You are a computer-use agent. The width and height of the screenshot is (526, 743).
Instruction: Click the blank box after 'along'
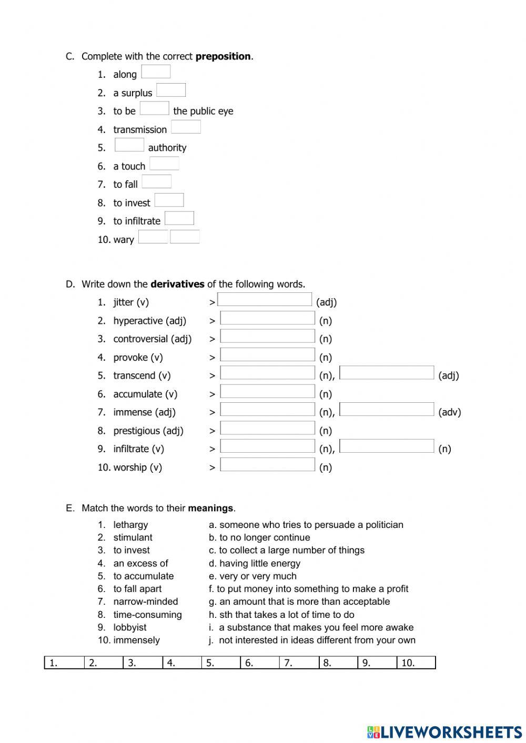[x=156, y=72]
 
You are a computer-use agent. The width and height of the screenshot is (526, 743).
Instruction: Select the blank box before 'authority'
[x=129, y=145]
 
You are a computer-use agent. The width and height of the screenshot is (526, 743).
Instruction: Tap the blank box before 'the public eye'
[x=154, y=108]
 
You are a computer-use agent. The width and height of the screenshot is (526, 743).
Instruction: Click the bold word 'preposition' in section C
[x=223, y=56]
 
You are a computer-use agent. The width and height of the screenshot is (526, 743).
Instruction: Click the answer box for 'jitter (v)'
[x=265, y=300]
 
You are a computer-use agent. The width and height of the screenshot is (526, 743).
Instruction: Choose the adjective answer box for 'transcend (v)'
[x=387, y=373]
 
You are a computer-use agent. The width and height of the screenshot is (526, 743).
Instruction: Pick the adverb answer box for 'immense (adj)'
[x=387, y=410]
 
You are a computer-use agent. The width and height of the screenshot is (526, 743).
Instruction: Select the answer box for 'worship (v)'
[x=267, y=465]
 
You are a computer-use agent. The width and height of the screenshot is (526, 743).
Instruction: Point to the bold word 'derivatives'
[x=177, y=284]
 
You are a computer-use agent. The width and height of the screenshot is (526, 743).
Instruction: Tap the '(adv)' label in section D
[x=449, y=412]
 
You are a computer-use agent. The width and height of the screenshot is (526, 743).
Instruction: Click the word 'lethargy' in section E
[x=130, y=525]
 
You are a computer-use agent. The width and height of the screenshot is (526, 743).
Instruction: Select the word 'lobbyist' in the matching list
[x=130, y=627]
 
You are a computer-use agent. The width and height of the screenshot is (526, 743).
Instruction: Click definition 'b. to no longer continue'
[x=259, y=537]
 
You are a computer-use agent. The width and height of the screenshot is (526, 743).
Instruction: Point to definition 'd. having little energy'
[x=255, y=563]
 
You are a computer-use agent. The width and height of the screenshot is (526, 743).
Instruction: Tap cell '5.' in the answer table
[x=221, y=663]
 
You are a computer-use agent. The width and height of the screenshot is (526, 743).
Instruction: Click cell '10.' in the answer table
[x=416, y=663]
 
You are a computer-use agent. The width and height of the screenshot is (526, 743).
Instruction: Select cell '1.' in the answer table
[x=64, y=663]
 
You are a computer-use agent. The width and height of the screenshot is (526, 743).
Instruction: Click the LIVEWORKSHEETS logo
[x=444, y=731]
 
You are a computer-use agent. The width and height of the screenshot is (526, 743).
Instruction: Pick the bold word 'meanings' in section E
[x=210, y=508]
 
